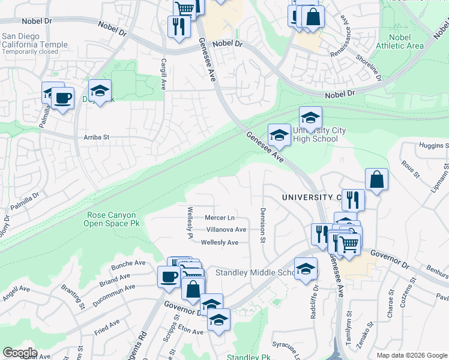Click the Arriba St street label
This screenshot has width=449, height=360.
[x=95, y=137]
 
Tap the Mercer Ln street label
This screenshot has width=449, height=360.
[x=220, y=217]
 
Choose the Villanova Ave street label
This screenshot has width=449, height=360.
[x=226, y=229]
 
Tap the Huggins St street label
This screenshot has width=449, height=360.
[x=435, y=146]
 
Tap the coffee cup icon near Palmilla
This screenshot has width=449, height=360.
[x=62, y=98]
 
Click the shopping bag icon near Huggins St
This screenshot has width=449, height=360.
[x=376, y=179]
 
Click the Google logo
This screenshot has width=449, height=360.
[x=20, y=353]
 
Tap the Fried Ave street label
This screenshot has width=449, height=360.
[x=107, y=330]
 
